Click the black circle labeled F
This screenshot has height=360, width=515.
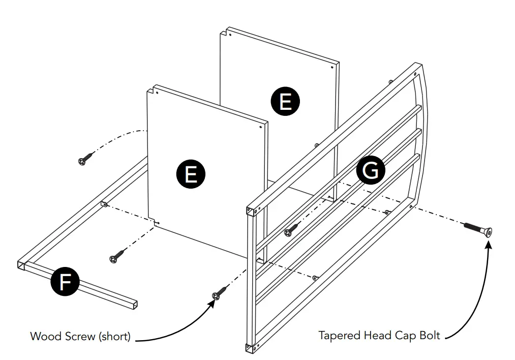point(64,281)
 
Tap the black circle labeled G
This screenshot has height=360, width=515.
point(371,170)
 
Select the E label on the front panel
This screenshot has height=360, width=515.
point(191,174)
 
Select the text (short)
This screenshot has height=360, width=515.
point(114,336)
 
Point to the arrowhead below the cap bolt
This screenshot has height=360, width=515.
point(489,246)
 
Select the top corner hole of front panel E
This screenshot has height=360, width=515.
point(158,93)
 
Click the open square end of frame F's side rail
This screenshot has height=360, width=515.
point(21,264)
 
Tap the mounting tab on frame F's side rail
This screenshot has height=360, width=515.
point(104,204)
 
